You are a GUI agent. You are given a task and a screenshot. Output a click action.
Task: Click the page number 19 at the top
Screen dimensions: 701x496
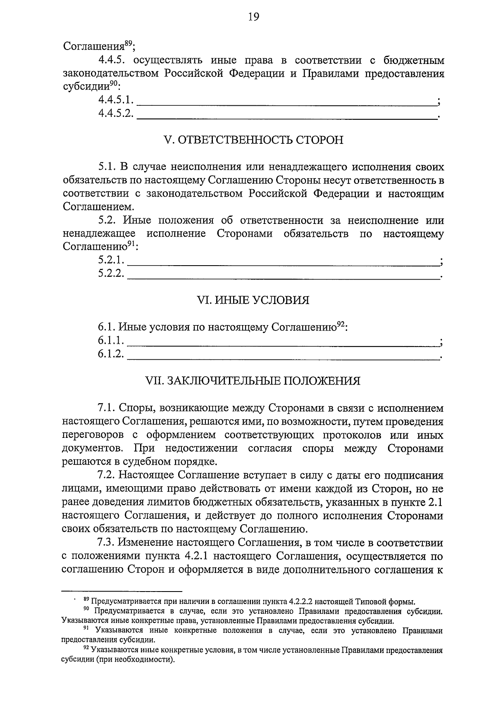[x=253, y=17]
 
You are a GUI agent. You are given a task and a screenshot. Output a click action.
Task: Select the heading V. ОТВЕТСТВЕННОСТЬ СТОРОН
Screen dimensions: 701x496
[x=253, y=140]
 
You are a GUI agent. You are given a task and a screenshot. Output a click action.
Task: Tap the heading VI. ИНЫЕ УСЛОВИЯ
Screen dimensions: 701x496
[x=253, y=300]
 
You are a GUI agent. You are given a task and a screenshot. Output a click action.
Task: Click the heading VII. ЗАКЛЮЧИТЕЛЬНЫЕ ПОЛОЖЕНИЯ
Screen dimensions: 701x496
[x=253, y=380]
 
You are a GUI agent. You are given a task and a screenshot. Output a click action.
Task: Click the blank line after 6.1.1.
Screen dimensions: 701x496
[x=284, y=343]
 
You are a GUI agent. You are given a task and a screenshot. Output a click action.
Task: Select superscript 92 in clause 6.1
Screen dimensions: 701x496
[x=340, y=324]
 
